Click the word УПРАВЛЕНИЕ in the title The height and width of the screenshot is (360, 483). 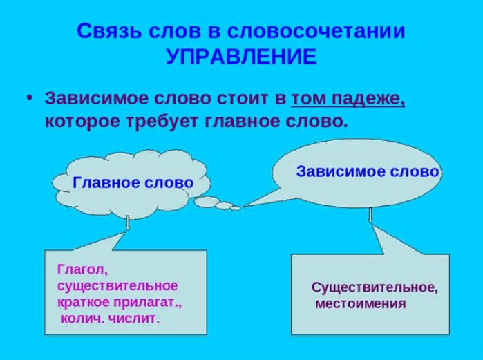241,56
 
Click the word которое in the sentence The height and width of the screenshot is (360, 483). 77,121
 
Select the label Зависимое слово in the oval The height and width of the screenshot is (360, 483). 367,171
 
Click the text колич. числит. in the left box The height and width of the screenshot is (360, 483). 111,319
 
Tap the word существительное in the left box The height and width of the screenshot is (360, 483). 117,285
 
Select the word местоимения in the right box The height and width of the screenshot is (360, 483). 361,303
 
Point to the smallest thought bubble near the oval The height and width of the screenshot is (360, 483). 236,207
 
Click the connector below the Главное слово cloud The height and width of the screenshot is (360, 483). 129,222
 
